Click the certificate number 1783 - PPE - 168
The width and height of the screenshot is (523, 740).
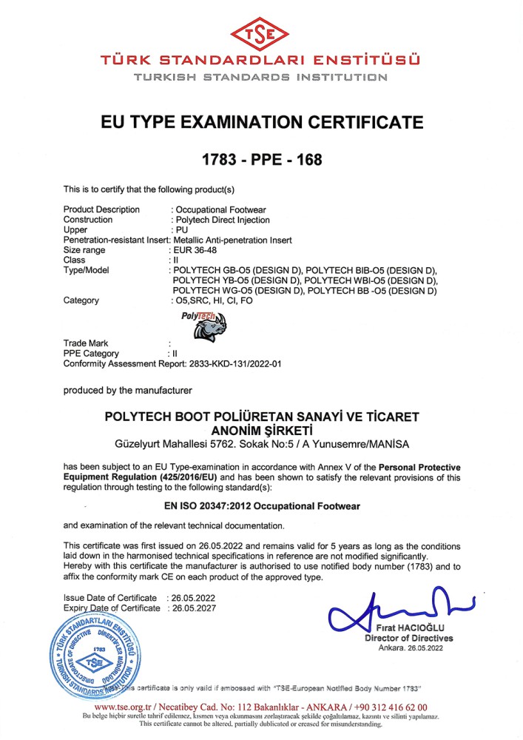(262, 159)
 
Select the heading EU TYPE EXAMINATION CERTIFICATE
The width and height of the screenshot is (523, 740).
(262, 122)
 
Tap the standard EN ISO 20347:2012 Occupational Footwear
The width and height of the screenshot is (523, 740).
(260, 508)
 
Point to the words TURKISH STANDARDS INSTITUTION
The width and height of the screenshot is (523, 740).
(262, 76)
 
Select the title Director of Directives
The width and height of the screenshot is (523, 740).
(409, 639)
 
